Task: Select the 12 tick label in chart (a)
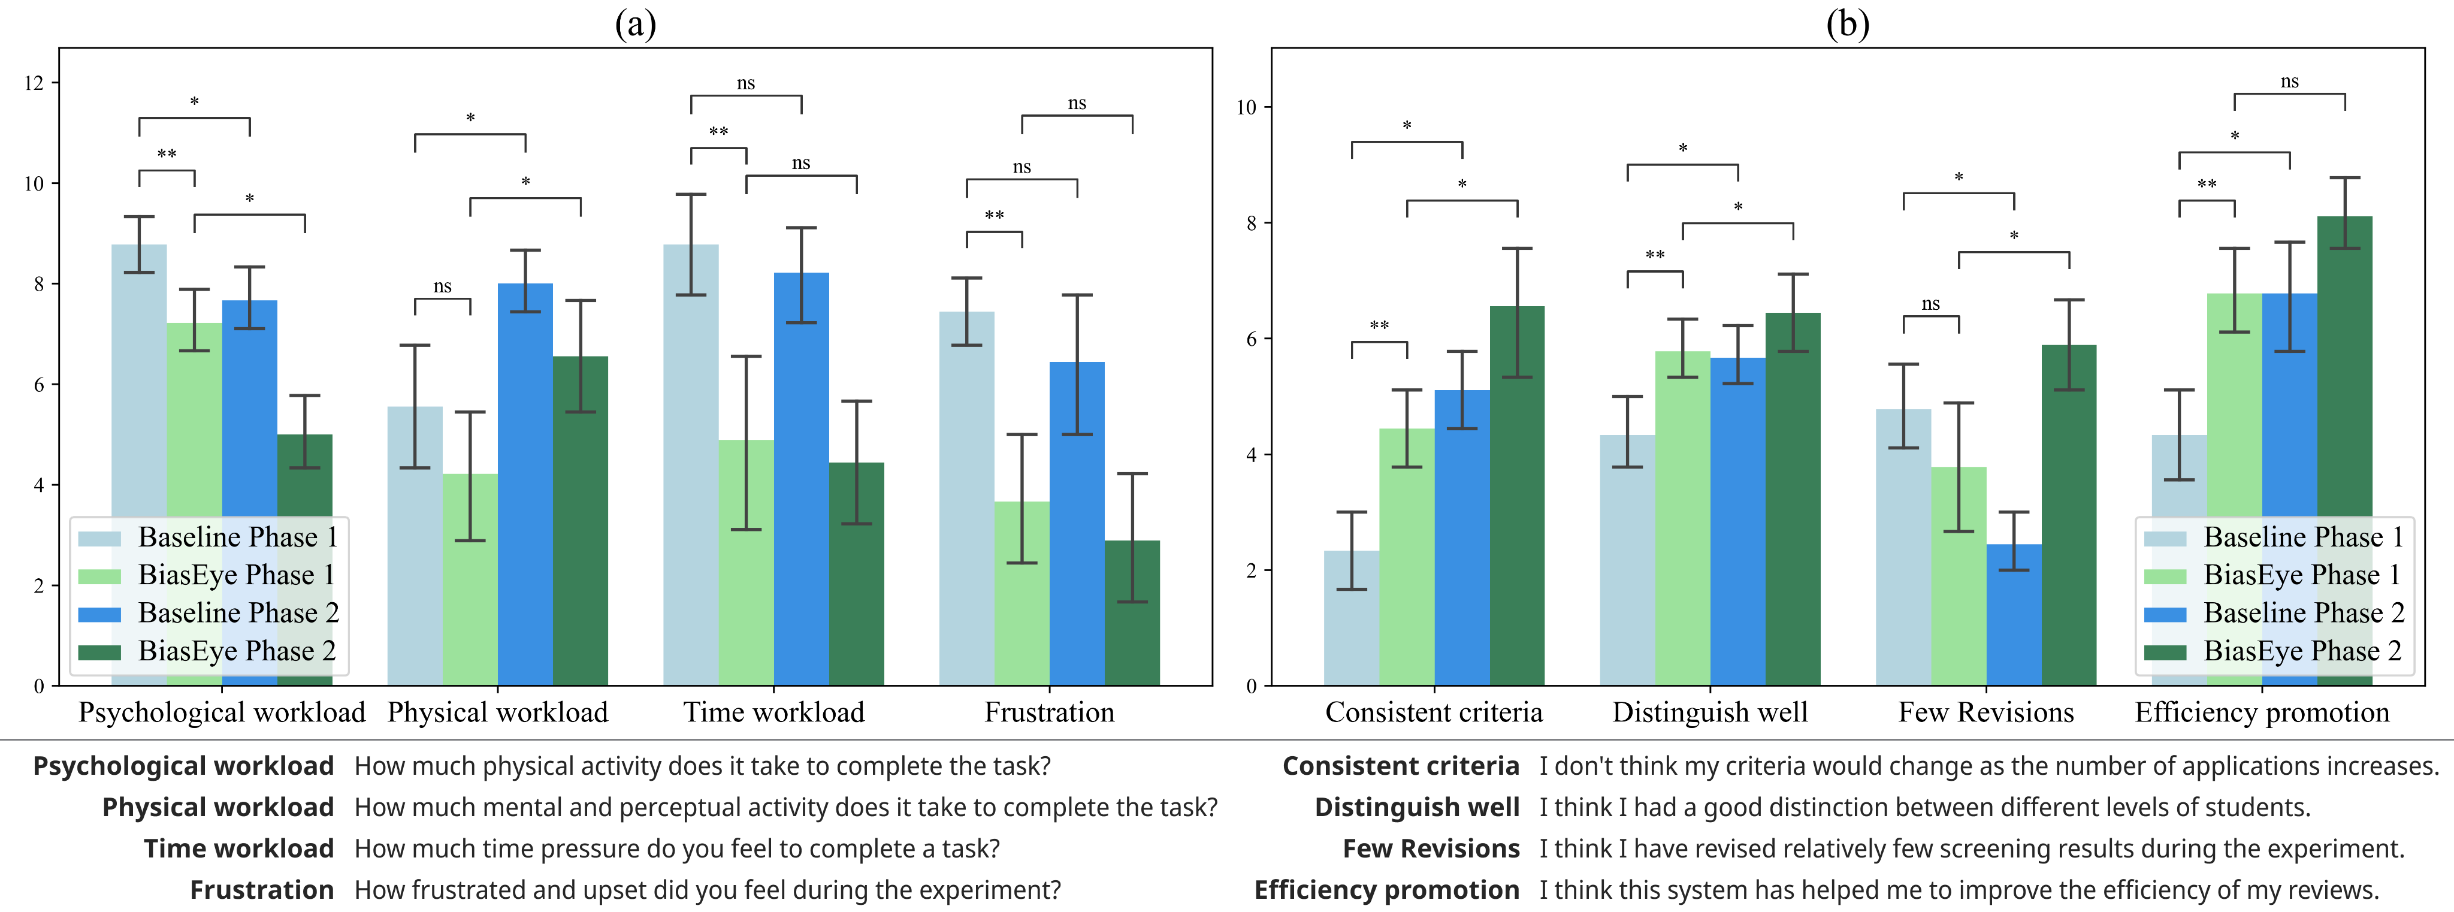click(x=34, y=83)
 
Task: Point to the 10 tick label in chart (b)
click(x=1246, y=108)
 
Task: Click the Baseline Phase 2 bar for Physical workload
click(x=525, y=476)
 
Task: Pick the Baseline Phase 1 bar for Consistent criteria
click(x=1351, y=620)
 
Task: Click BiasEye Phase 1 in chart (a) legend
click(x=236, y=575)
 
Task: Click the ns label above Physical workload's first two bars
click(x=442, y=286)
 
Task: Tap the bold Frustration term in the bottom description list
click(x=261, y=889)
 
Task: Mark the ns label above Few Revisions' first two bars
click(x=1930, y=304)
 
